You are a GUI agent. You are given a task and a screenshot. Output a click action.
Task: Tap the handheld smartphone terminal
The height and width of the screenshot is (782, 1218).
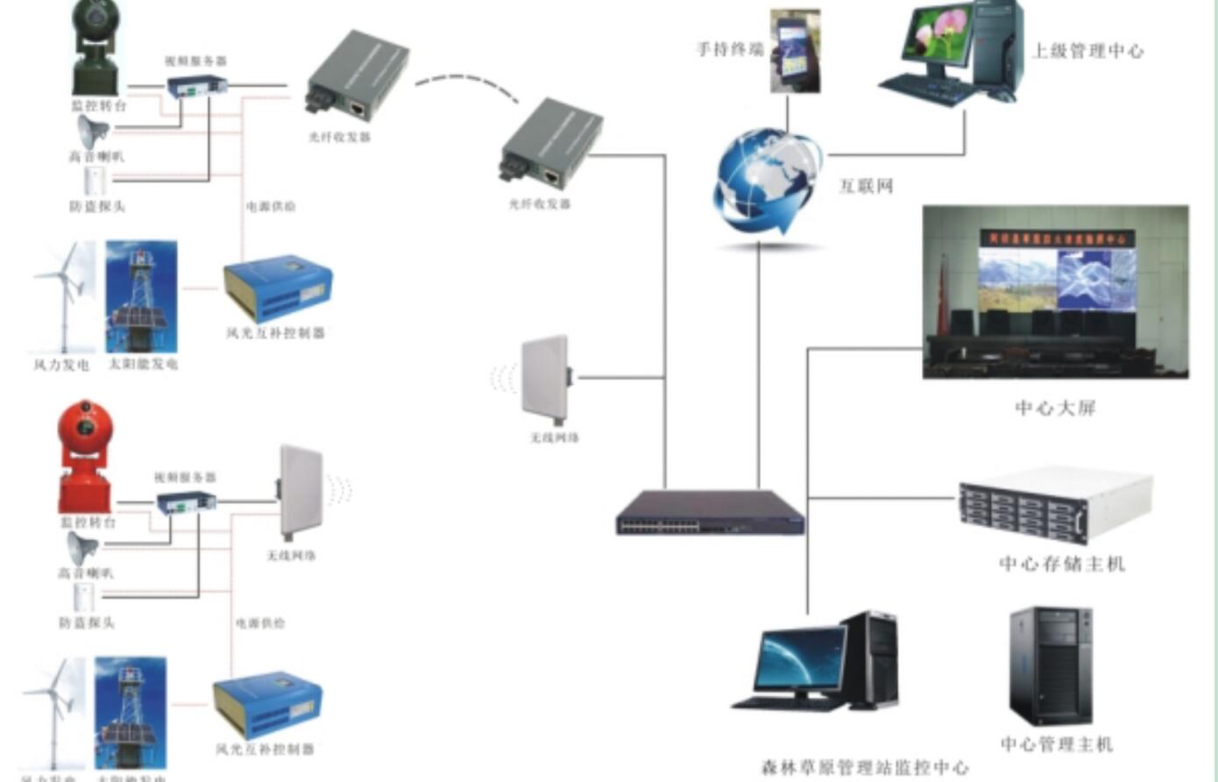point(796,51)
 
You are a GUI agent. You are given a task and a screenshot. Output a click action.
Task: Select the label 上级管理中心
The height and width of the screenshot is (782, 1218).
point(1087,51)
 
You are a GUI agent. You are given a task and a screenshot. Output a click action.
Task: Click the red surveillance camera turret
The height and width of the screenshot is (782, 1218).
point(84,456)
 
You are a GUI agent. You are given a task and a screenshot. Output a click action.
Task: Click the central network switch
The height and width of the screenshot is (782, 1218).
point(710,512)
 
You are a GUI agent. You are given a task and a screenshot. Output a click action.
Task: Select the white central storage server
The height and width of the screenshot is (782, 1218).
point(1055,505)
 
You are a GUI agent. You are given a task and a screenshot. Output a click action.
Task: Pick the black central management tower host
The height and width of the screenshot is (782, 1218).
point(1052,666)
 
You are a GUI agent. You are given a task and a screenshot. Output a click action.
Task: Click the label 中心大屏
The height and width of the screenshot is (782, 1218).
point(1055,408)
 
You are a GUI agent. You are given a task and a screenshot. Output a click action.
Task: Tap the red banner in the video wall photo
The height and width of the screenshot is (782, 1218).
point(1057,238)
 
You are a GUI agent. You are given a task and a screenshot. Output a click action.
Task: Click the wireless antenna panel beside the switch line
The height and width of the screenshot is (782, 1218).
point(547,377)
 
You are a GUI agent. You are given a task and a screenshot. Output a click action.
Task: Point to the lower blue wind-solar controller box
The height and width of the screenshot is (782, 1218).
point(266,706)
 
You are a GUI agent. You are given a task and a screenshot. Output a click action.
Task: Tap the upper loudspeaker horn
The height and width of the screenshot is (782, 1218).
point(92,132)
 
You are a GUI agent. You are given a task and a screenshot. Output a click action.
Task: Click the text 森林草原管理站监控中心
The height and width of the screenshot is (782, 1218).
point(865,768)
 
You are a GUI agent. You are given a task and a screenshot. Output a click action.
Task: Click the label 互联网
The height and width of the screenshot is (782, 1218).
point(866,186)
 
